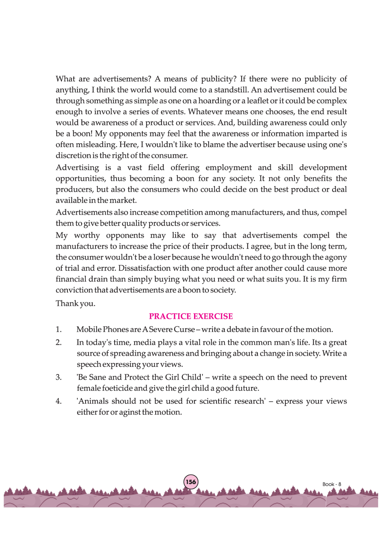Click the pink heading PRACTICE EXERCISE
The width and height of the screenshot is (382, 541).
coord(191,316)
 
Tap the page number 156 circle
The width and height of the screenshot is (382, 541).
coord(191,482)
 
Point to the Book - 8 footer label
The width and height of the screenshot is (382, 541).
coord(332,484)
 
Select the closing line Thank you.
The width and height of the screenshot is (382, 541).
coord(75,304)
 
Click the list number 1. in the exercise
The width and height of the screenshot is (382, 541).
coord(59,330)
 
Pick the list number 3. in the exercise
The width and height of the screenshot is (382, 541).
coord(59,377)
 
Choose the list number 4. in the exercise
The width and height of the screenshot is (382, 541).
coord(59,401)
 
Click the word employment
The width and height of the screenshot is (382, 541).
coord(228,168)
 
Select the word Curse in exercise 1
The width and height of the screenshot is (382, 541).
coord(184,330)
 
